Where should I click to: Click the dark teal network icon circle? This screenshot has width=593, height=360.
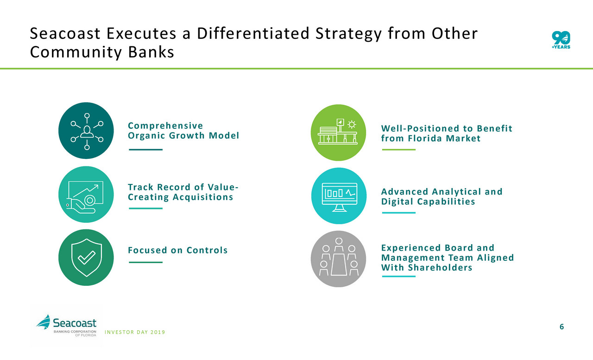coord(86,131)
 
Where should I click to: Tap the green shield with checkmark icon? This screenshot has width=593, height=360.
coord(86,258)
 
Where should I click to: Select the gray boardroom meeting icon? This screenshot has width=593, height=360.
coord(339,259)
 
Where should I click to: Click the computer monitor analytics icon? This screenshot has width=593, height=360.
coord(339,196)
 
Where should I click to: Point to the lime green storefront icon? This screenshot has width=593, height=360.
coord(339,133)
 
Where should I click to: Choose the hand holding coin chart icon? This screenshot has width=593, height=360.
coord(86,194)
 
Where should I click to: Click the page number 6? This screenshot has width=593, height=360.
coord(561,327)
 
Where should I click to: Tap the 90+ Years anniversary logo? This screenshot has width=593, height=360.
coord(561,40)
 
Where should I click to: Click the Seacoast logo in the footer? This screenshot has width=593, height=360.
coord(66,326)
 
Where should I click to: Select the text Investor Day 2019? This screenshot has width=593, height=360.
coord(135,332)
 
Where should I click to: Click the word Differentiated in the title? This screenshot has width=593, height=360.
coord(253,34)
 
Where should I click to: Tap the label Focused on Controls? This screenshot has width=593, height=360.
coord(177,250)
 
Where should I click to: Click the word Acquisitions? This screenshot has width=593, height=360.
coord(203,197)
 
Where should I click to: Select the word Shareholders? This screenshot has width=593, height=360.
coord(440,268)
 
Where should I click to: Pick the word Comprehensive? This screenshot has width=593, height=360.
coord(165,126)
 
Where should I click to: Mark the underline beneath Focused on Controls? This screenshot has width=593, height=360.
coord(145,262)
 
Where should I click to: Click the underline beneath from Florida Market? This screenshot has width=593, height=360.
coord(399,150)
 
